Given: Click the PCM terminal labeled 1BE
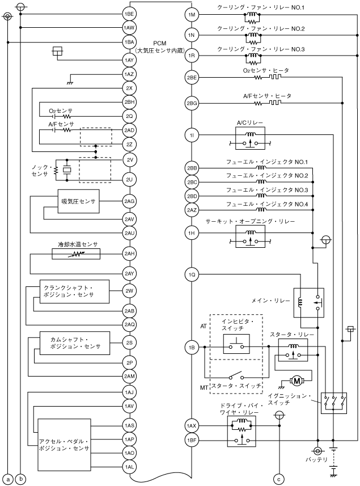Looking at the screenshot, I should (129, 14).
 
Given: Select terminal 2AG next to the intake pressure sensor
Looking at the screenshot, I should (129, 201).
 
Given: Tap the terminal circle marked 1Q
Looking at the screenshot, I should (192, 275).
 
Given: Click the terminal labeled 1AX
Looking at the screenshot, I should (192, 425).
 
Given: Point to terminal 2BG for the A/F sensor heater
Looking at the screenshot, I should (192, 103).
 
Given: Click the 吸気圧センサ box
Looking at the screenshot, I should (79, 202).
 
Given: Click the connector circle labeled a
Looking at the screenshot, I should (7, 478).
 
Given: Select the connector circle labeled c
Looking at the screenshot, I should (278, 478).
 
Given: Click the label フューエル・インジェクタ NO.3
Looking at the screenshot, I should (266, 190).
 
